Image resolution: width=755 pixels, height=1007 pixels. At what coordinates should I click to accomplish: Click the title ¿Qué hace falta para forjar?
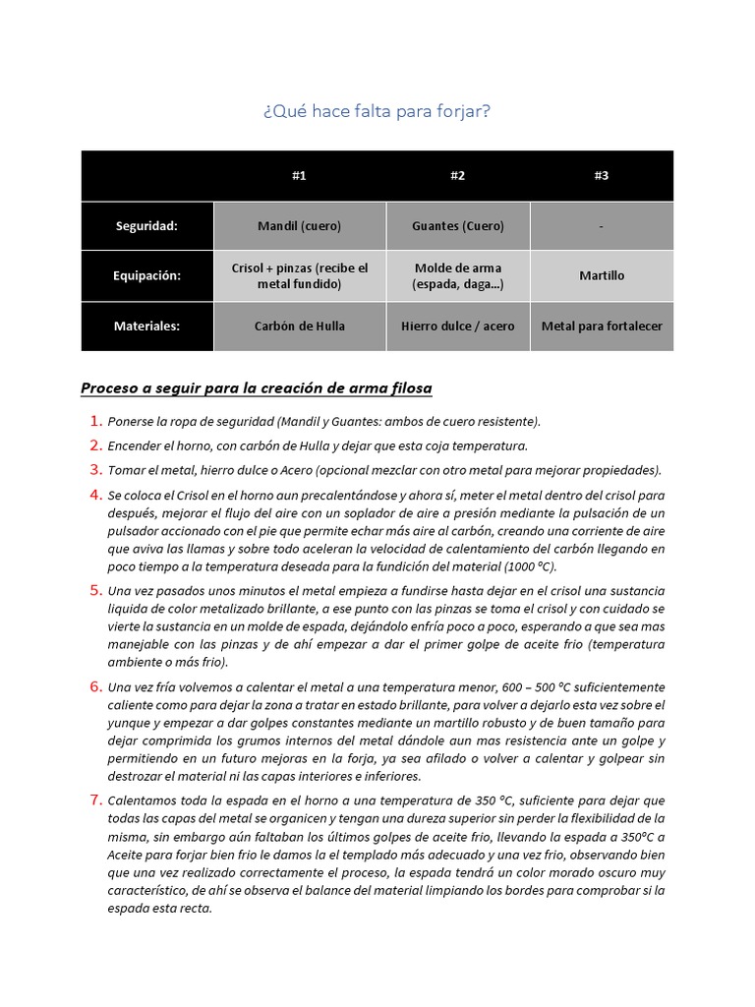[377, 111]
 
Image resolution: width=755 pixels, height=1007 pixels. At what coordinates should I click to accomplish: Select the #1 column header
[299, 176]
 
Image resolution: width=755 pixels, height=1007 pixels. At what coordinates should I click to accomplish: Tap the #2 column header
[457, 176]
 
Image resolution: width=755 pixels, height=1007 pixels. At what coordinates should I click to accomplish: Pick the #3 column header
[602, 176]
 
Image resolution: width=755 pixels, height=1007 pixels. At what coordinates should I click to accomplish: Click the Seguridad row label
[146, 226]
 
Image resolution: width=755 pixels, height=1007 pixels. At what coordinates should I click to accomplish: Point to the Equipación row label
[146, 276]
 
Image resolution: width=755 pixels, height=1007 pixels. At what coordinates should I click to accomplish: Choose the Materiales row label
[146, 326]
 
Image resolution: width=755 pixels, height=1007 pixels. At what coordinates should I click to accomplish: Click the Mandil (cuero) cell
[299, 226]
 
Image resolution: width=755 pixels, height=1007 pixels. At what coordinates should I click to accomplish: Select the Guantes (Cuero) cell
[457, 226]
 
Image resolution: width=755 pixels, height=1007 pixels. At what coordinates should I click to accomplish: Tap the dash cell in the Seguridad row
[602, 226]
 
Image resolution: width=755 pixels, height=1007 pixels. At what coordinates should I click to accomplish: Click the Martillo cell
[602, 276]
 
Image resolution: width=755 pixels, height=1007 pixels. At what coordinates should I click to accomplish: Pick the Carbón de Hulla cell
[299, 326]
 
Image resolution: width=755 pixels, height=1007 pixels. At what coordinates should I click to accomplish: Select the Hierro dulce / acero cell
[457, 326]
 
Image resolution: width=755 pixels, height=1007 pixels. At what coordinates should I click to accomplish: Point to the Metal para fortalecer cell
[602, 326]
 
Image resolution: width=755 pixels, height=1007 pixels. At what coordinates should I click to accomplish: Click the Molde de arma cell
[457, 276]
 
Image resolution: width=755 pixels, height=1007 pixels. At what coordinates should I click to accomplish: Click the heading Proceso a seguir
[256, 388]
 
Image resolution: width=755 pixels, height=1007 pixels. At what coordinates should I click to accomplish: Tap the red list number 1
[96, 421]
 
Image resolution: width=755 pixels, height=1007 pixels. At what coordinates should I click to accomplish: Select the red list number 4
[96, 494]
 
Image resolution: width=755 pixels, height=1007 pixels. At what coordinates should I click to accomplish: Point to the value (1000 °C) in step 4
[533, 567]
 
